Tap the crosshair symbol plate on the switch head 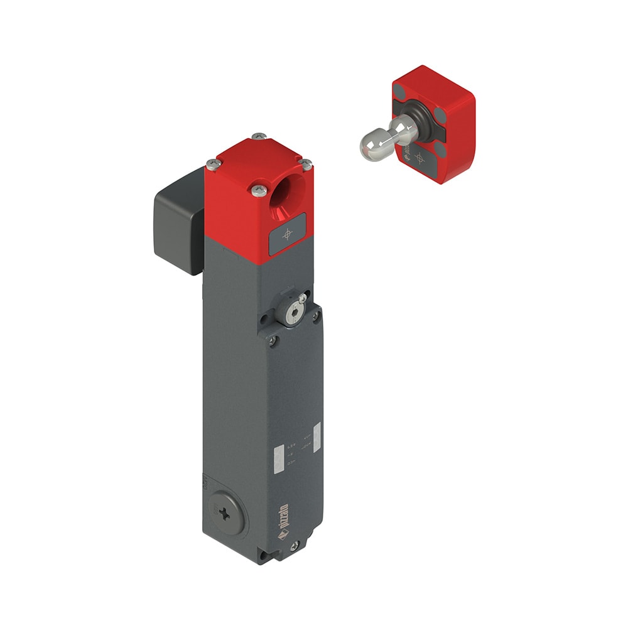click(x=288, y=234)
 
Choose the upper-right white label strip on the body click(x=316, y=434)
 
